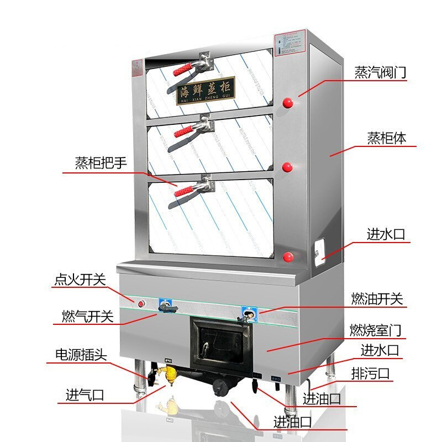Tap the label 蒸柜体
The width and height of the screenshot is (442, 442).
387,138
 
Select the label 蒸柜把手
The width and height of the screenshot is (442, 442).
101,164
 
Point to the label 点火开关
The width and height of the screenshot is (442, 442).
80,280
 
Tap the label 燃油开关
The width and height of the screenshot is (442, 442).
377,299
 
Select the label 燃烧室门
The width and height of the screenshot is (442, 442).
376,330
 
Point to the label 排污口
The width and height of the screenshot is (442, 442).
370,373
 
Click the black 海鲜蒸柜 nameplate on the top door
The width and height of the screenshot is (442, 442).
206,91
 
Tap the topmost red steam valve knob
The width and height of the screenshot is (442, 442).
288,102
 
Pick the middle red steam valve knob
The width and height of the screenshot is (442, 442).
288,168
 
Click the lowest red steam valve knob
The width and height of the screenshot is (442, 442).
288,256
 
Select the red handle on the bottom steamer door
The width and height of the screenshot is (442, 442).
184,191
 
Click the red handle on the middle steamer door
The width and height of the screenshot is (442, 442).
184,131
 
